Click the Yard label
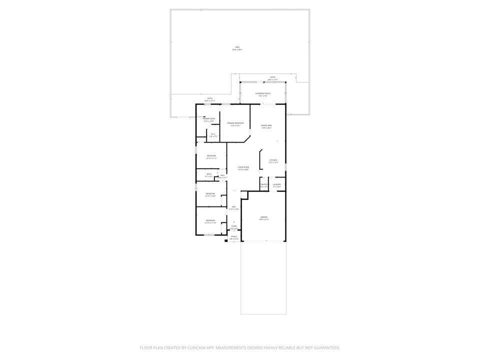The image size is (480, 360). pos(237,47)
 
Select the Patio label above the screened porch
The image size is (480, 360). pos(272,77)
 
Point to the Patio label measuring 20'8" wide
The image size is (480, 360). pos(210,98)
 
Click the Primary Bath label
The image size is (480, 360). pos(208,119)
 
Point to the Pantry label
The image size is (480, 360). pos(264,184)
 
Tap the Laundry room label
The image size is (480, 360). pos(276,184)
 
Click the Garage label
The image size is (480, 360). pos(263,217)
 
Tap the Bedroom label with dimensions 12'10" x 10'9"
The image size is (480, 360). pos(210,194)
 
